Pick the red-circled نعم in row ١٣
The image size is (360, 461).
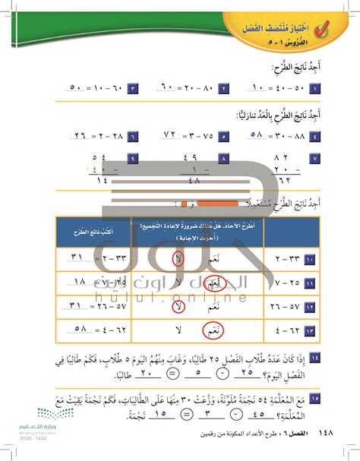203,330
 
